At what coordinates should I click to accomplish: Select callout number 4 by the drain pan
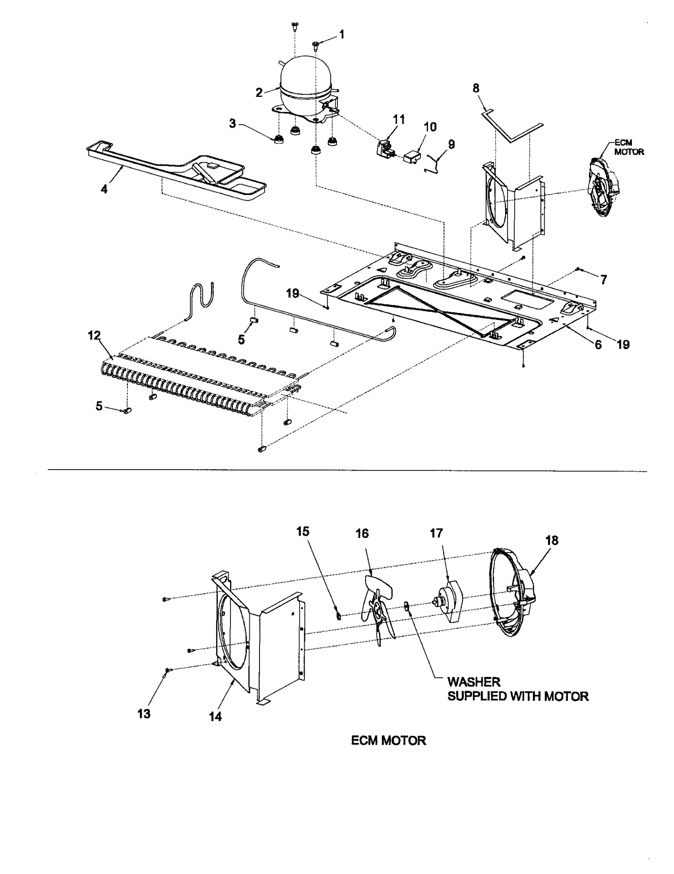[x=104, y=189]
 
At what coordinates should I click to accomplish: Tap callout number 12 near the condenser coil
[x=94, y=336]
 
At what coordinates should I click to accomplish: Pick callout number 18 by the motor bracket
[x=552, y=540]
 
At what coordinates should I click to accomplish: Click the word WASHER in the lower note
[x=473, y=682]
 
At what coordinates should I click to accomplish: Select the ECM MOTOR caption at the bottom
[x=388, y=740]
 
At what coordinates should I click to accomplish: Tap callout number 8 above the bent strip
[x=476, y=88]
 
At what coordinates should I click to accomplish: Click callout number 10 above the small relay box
[x=430, y=127]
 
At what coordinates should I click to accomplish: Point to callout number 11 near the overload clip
[x=399, y=120]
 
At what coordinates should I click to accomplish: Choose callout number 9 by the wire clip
[x=451, y=144]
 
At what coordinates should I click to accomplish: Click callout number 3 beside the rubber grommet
[x=233, y=124]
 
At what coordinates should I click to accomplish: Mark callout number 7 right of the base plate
[x=604, y=279]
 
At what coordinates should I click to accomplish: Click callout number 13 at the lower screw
[x=144, y=714]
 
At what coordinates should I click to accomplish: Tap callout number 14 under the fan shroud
[x=215, y=716]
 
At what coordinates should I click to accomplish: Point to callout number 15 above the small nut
[x=302, y=532]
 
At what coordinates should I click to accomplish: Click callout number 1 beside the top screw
[x=342, y=35]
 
